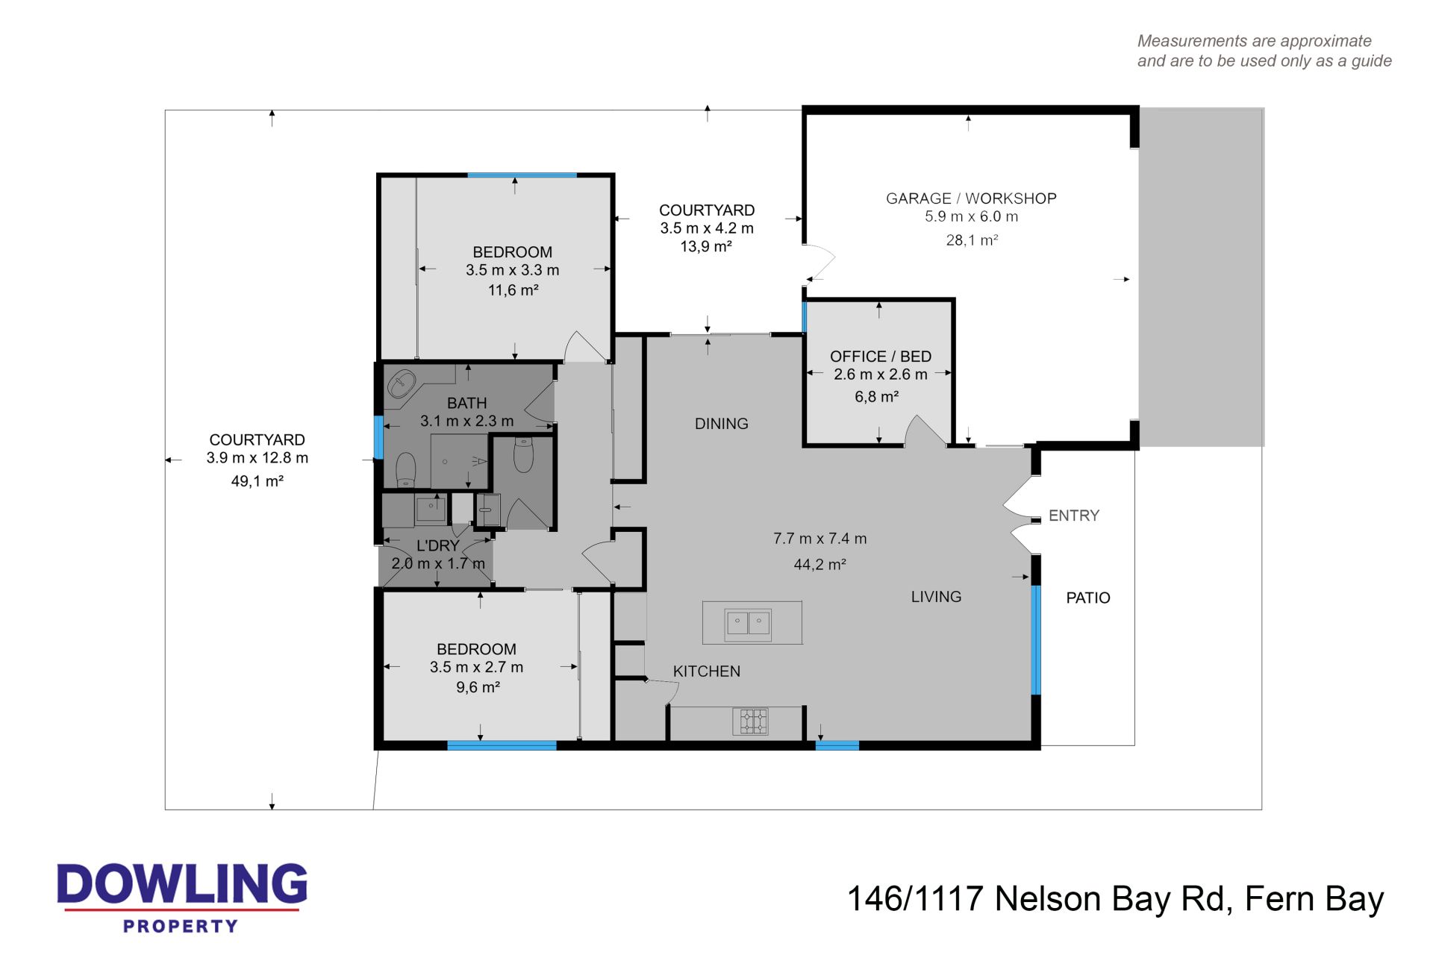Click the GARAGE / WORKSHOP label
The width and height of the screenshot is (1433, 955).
pos(971,198)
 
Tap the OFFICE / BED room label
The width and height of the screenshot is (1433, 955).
pos(881,357)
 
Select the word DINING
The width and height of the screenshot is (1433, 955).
pos(721,424)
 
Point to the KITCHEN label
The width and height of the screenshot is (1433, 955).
pos(707,671)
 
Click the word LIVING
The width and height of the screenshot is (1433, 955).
pos(936,597)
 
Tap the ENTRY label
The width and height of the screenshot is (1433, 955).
pos(1074,516)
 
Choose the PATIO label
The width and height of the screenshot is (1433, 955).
pos(1088,598)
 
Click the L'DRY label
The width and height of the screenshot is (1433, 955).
pos(438,546)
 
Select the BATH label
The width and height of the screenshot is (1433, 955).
pos(467,404)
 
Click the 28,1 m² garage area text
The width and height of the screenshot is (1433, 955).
pos(972,240)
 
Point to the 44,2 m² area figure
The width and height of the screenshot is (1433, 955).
pos(819,565)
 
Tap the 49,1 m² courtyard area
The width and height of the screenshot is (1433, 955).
pos(257,481)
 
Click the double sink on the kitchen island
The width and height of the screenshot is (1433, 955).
pos(748,623)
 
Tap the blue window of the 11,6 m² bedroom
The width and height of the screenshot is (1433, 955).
pos(522,175)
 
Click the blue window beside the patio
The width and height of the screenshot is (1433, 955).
pos(1036,640)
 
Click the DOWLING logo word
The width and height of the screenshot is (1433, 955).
pos(182,886)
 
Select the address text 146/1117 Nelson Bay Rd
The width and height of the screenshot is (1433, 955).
pos(1039,899)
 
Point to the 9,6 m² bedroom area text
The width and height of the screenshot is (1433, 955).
pos(478,688)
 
